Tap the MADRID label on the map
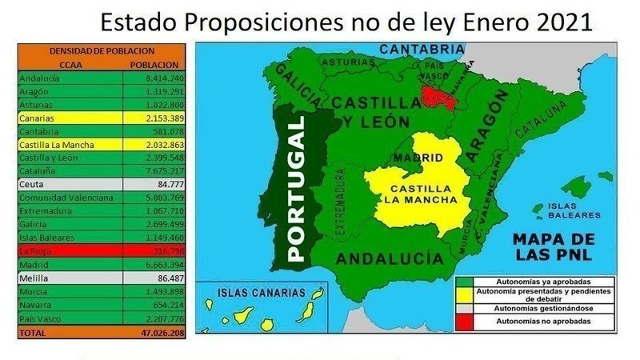[x=413, y=158]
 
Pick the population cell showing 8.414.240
[x=155, y=78]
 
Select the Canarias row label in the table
[x=36, y=118]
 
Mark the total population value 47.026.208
[x=155, y=331]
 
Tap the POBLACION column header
[x=153, y=64]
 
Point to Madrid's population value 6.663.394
[x=155, y=265]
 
